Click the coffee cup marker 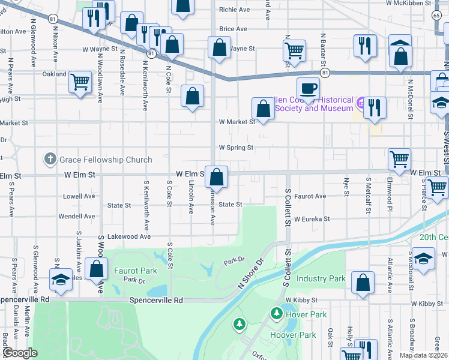[309, 88]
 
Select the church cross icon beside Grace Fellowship [50, 160]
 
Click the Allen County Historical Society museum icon [361, 103]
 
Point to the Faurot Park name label [136, 271]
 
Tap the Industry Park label [321, 279]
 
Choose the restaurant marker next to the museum [375, 107]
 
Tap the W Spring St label [236, 147]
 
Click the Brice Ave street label [233, 29]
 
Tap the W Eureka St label [312, 220]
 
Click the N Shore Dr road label [251, 275]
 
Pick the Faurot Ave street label [310, 196]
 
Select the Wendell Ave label [77, 216]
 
